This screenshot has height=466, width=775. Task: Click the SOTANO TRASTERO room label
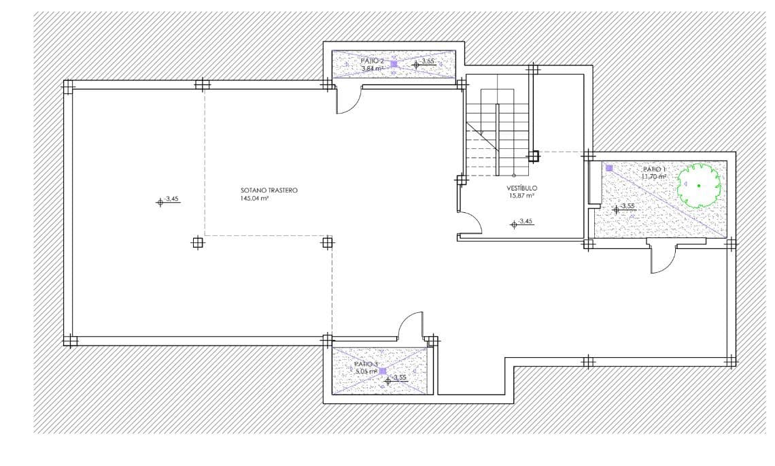[269, 190]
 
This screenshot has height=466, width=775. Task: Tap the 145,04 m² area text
[255, 199]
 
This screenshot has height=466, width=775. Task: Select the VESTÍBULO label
[521, 188]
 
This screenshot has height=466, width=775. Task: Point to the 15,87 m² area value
[521, 196]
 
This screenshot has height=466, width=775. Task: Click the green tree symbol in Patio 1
[699, 185]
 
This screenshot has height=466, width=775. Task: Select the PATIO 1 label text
[654, 169]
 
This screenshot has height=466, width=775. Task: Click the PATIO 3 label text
[366, 365]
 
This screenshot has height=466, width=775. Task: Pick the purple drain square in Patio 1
[609, 168]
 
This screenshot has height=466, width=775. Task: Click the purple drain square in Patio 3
[383, 371]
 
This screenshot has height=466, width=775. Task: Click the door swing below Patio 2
[348, 101]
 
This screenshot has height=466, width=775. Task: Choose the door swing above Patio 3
[411, 324]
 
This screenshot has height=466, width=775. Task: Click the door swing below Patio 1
[662, 259]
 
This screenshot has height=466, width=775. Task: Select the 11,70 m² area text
[653, 177]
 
